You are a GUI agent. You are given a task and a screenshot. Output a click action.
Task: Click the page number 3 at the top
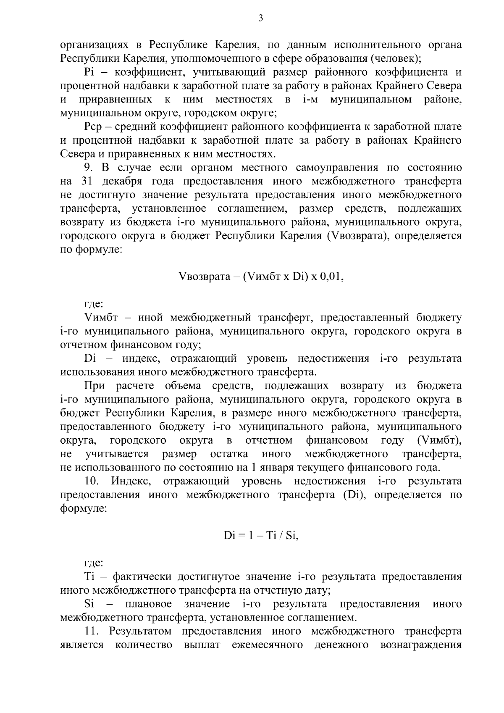coord(260,18)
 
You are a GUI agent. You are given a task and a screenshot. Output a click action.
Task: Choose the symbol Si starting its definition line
coord(89,604)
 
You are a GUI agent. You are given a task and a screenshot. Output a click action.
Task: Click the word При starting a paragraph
coord(94,386)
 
